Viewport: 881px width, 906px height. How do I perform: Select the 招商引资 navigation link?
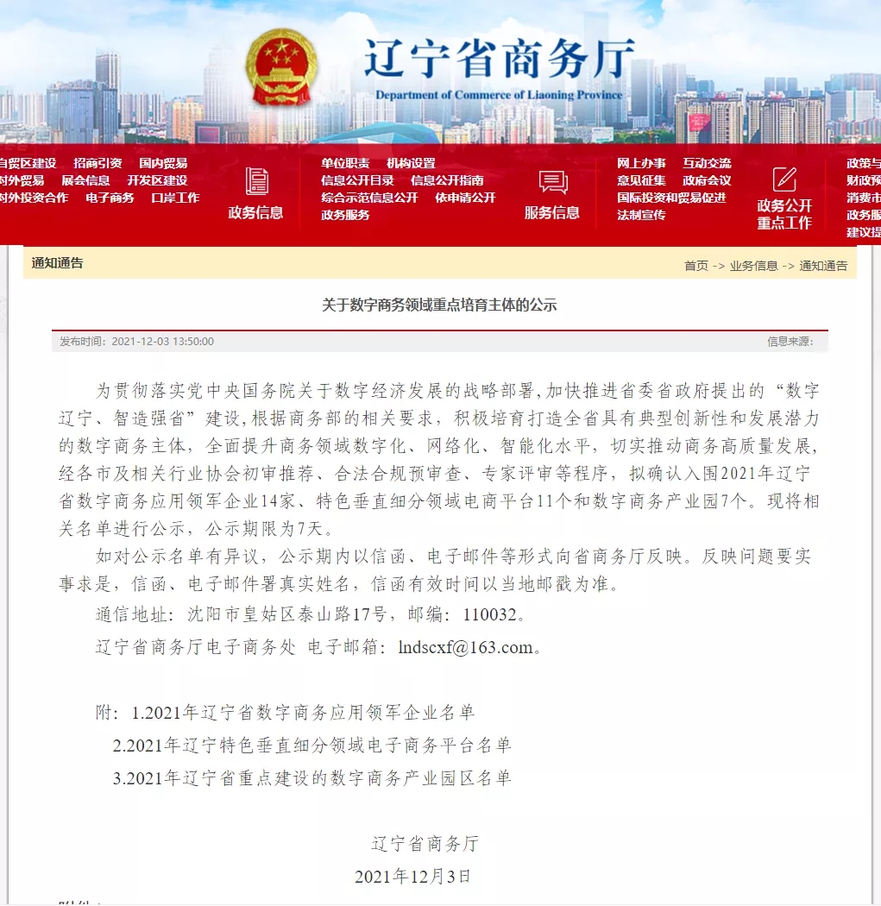pos(98,163)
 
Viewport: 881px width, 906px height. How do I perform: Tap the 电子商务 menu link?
pos(110,198)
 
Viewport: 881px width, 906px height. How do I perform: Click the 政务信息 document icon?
pos(256,181)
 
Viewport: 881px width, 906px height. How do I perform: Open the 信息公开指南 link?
pos(447,180)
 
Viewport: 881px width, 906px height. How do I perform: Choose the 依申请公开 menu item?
pos(465,198)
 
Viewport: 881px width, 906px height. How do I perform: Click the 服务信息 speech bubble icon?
pos(552,182)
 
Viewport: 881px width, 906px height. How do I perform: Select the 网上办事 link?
pos(641,163)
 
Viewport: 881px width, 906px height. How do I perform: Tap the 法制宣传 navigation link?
pos(641,215)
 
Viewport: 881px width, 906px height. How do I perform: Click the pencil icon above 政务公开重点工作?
pos(784,179)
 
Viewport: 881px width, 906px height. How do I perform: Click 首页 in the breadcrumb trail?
pos(695,266)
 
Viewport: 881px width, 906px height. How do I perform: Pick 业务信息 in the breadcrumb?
pos(753,266)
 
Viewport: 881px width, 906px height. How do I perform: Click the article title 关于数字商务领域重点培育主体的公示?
pos(440,305)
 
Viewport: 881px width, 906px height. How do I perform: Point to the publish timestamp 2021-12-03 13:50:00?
pos(163,342)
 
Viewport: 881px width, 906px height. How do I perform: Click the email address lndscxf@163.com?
pos(465,647)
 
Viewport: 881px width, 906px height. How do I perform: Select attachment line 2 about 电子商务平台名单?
pos(312,746)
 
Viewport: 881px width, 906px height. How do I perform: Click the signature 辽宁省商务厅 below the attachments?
pos(425,843)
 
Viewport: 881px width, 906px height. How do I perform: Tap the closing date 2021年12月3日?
pos(413,877)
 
